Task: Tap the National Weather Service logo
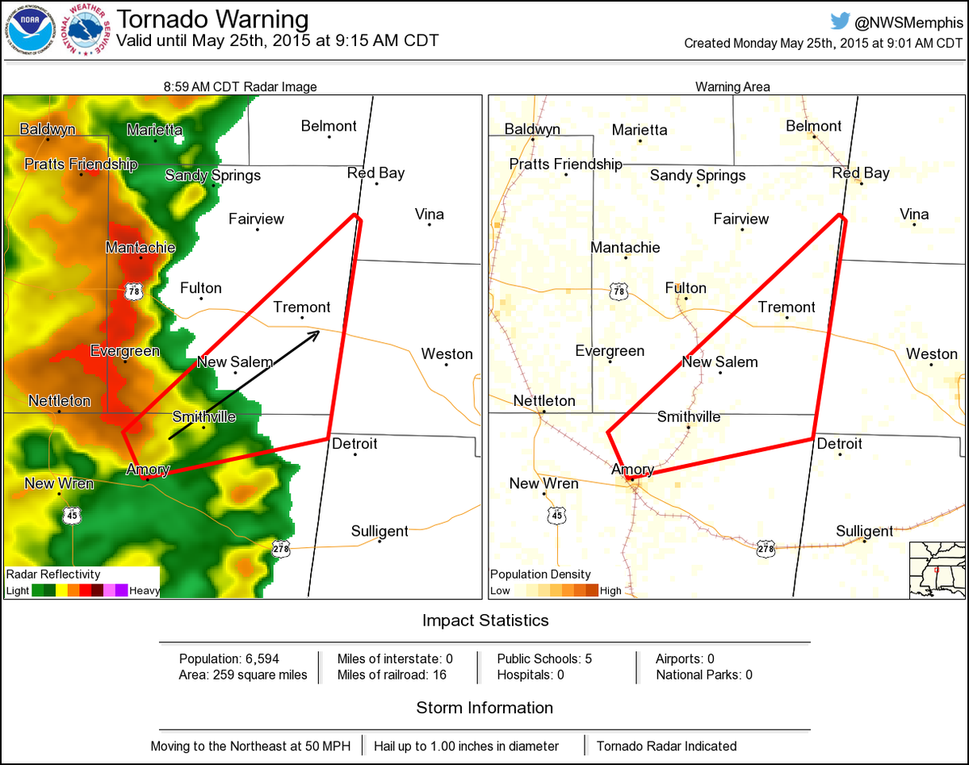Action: (x=88, y=31)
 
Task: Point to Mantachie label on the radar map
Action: (x=140, y=248)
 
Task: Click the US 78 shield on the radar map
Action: (x=134, y=291)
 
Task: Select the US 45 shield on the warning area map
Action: (x=556, y=515)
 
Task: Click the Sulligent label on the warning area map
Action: (x=864, y=531)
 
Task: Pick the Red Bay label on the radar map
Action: (x=375, y=173)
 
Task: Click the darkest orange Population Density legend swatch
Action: (x=592, y=590)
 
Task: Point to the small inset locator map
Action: (x=937, y=570)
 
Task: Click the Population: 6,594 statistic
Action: (x=229, y=658)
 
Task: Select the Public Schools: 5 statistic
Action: (x=544, y=658)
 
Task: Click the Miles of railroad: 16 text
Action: (x=392, y=675)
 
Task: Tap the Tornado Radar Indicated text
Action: (x=666, y=746)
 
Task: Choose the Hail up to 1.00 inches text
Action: (x=476, y=746)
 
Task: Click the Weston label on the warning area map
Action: (x=931, y=354)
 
